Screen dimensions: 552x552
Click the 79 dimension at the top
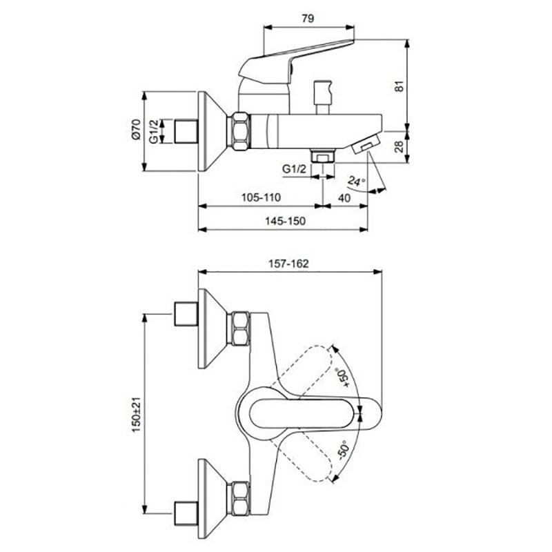[x=308, y=19]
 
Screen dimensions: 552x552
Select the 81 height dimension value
[x=400, y=86]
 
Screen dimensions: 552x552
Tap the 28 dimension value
[x=399, y=146]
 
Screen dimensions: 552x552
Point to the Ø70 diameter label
[x=136, y=130]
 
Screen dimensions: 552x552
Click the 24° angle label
[x=356, y=181]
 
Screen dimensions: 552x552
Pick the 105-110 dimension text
[x=261, y=197]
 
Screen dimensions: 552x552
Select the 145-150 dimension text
[x=285, y=221]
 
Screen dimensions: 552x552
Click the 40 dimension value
[x=344, y=198]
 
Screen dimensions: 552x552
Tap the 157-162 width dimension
[x=288, y=264]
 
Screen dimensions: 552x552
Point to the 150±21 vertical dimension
[x=137, y=415]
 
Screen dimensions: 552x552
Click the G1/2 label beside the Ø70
[x=153, y=132]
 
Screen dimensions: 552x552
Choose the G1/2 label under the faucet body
[x=295, y=169]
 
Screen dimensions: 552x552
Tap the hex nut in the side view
[x=241, y=131]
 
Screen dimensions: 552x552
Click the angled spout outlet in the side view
[x=366, y=144]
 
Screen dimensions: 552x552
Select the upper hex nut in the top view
[x=240, y=329]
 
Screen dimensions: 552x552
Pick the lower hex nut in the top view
[x=240, y=499]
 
